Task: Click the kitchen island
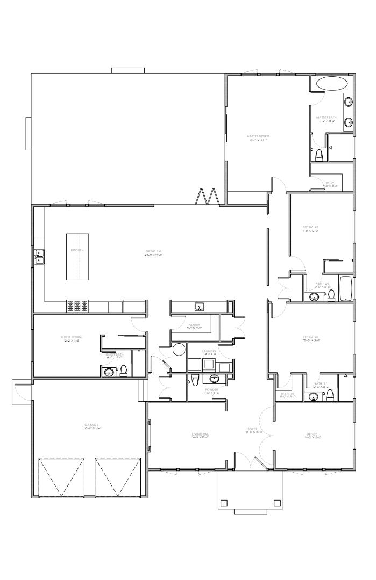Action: click(77, 256)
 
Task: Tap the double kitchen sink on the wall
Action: click(39, 257)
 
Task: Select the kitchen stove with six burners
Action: click(77, 306)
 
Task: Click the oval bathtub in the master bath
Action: click(331, 84)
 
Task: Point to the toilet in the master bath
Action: click(319, 155)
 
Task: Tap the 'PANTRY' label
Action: click(194, 325)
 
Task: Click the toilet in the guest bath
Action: click(124, 370)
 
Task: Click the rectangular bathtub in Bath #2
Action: click(345, 288)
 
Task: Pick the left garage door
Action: click(62, 477)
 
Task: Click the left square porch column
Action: click(224, 503)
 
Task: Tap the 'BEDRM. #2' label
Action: click(311, 228)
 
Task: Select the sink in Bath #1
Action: click(313, 396)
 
